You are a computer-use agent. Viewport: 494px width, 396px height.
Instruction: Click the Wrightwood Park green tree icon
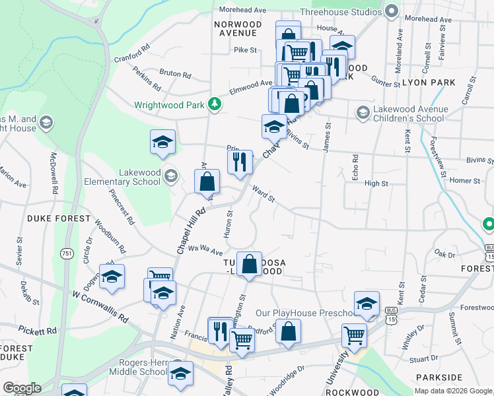(214, 104)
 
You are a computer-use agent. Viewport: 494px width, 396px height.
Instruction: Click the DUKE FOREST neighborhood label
(58, 218)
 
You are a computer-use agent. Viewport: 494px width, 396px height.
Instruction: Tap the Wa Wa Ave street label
(205, 249)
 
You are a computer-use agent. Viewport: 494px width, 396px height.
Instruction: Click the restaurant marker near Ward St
(240, 161)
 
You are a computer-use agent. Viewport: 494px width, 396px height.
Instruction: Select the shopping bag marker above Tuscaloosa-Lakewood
(249, 264)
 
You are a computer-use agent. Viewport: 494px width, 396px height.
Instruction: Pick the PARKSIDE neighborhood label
(440, 377)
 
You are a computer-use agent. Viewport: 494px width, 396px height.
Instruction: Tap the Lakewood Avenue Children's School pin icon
(362, 113)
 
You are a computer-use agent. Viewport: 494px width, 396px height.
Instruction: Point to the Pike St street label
(245, 49)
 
